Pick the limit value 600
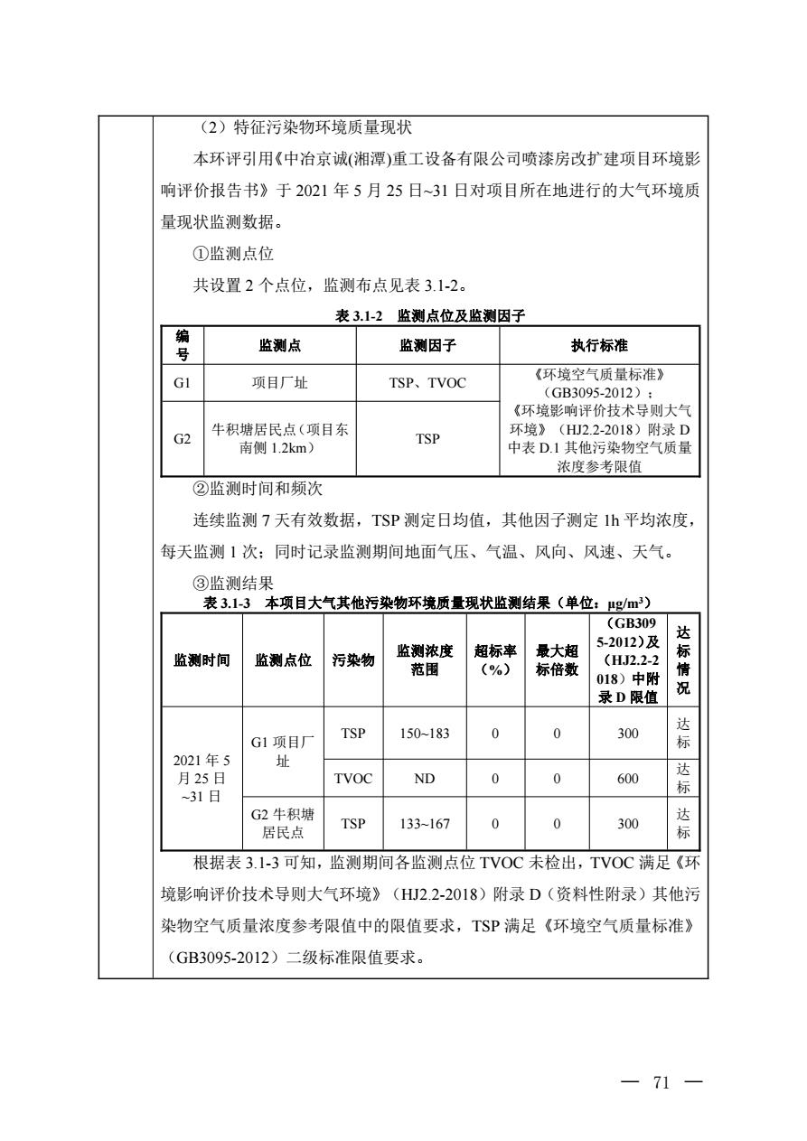(627, 779)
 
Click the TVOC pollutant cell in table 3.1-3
(353, 779)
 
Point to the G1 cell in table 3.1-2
(183, 383)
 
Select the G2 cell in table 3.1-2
(183, 438)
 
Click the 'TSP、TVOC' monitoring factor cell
(427, 383)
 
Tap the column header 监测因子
(427, 345)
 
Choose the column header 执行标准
(600, 345)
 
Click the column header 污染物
(353, 660)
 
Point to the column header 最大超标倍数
(557, 660)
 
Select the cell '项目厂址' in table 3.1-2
(280, 383)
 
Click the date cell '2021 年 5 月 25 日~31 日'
(202, 779)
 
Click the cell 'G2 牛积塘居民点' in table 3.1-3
(283, 824)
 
